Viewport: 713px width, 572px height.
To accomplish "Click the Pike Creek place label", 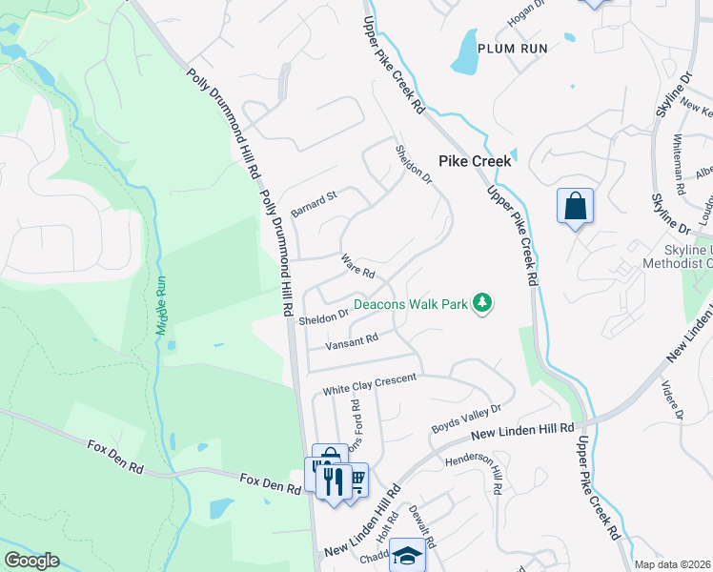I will click(x=474, y=161).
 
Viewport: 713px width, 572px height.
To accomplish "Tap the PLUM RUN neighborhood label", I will click(x=513, y=48).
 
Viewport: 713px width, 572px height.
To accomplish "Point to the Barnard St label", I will click(x=315, y=203).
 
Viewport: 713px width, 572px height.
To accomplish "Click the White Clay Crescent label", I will click(x=369, y=384).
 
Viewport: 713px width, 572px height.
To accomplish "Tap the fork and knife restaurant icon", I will click(x=333, y=480).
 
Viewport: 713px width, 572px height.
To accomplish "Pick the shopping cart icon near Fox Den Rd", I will click(x=356, y=478).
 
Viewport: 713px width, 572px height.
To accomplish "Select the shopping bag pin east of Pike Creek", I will click(x=575, y=206).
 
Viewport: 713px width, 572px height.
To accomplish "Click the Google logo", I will click(x=31, y=561).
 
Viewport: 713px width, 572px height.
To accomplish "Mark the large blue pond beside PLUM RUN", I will click(x=464, y=52).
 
